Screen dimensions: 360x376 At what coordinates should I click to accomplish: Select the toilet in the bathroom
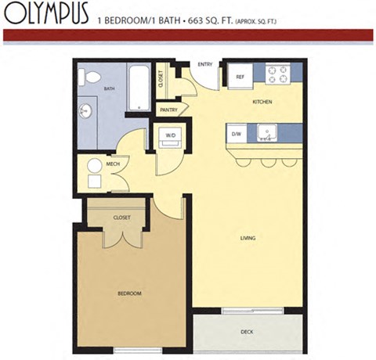click(91, 78)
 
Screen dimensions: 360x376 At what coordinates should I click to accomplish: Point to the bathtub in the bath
click(138, 88)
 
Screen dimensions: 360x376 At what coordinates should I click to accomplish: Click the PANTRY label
click(168, 110)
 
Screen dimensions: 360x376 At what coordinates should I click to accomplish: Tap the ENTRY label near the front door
click(206, 65)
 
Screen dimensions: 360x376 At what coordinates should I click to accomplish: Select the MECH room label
click(113, 164)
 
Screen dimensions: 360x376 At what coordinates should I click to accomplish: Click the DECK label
click(247, 332)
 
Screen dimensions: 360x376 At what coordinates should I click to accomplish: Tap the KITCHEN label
click(261, 103)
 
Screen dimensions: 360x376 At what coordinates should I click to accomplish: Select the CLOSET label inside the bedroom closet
click(121, 217)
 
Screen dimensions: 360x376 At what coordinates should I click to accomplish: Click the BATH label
click(110, 89)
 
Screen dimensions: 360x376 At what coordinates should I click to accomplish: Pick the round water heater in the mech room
click(94, 166)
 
